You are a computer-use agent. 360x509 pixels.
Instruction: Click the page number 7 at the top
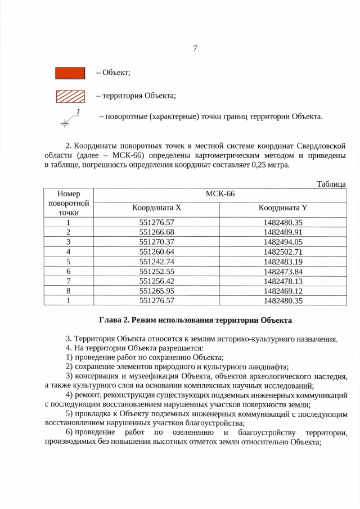click(x=195, y=48)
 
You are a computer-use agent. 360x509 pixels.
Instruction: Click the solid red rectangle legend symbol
click(x=70, y=73)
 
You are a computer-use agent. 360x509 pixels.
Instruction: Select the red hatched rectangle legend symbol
click(x=70, y=96)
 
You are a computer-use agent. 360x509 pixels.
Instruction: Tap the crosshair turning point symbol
click(x=66, y=122)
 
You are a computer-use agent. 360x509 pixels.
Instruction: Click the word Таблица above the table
click(x=331, y=184)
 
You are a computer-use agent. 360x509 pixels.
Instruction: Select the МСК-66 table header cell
click(x=219, y=194)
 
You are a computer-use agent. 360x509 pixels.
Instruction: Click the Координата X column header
click(x=157, y=208)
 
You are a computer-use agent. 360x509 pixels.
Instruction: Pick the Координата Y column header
click(x=283, y=208)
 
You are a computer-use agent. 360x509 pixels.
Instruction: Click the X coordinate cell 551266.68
click(x=157, y=232)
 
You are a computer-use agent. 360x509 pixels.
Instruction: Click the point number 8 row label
click(x=68, y=291)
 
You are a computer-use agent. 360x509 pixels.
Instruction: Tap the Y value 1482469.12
click(x=283, y=291)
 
